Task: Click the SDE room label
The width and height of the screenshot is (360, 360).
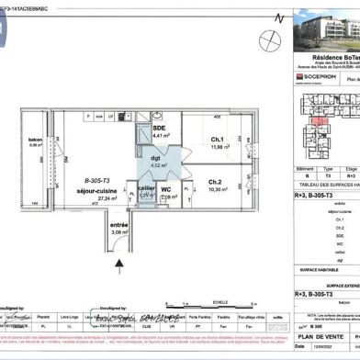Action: (158, 127)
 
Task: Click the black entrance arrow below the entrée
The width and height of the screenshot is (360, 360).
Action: (118, 264)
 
